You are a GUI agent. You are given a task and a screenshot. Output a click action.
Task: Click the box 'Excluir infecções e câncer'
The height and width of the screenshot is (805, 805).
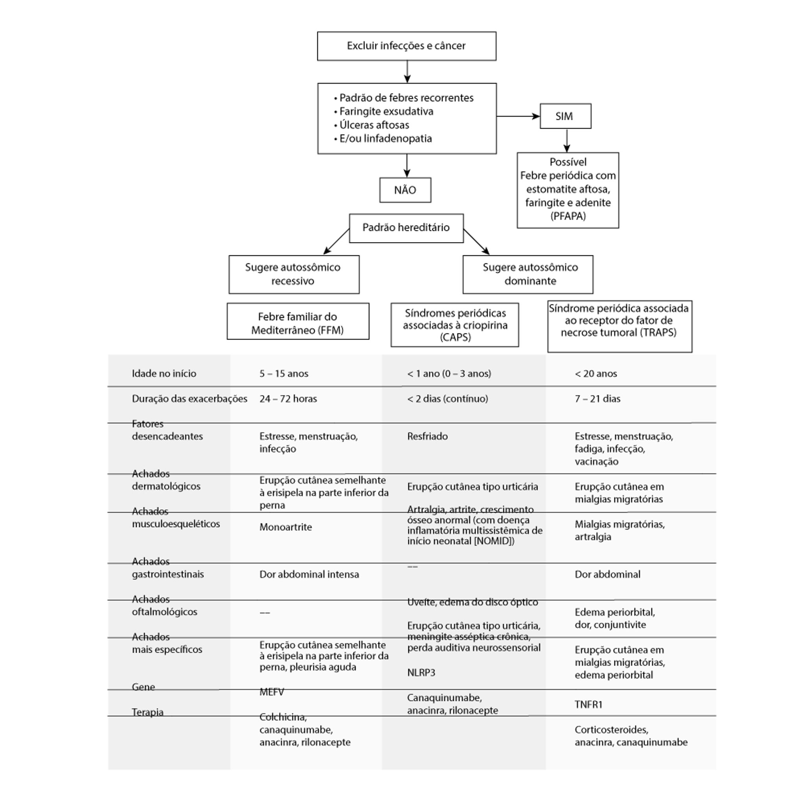406,46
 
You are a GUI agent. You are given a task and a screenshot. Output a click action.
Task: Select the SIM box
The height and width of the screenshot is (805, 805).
565,116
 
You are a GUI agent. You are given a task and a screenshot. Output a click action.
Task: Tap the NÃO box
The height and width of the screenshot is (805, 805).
405,190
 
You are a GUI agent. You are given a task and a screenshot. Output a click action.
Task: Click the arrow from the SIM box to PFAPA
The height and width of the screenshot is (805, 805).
566,140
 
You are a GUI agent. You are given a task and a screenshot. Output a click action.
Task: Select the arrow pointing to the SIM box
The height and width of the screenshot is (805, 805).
518,116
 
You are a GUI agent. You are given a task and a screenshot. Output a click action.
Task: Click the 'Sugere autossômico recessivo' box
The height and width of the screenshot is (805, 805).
293,274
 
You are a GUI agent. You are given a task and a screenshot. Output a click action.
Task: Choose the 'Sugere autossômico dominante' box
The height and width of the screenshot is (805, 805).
527,274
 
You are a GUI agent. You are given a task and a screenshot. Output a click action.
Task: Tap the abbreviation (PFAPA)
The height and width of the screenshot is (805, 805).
568,216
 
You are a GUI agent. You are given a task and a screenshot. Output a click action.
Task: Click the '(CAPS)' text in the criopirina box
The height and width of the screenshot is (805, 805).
455,337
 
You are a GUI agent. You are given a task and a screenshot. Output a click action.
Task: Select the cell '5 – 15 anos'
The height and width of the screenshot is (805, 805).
284,374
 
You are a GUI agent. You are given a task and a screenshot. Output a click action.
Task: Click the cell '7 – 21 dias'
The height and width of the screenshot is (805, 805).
597,399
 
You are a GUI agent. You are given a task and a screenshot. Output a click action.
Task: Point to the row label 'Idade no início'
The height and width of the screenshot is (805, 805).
164,374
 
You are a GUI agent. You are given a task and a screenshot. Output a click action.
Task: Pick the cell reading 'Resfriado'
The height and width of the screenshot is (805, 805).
427,436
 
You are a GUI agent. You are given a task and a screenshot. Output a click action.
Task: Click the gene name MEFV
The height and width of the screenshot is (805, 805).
271,692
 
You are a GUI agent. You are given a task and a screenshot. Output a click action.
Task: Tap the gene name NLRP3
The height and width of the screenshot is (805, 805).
421,673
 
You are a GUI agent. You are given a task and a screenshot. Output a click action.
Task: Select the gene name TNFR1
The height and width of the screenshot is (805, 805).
588,705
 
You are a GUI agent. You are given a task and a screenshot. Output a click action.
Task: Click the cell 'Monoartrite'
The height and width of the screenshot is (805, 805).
285,527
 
